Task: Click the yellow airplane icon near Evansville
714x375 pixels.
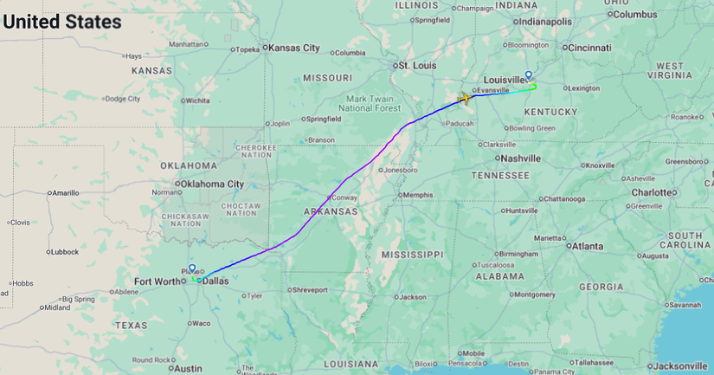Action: (464, 98)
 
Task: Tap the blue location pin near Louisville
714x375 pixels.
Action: (529, 75)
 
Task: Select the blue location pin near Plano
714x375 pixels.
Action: (192, 268)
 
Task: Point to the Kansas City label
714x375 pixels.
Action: (293, 48)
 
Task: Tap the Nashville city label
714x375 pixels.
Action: (519, 158)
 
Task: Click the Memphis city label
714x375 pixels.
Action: (418, 195)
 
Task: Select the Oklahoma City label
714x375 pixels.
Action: (211, 184)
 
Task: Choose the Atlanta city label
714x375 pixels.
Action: (587, 246)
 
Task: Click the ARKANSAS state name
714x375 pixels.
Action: (330, 211)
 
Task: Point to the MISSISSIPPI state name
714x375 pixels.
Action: (411, 255)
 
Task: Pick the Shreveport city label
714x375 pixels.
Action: (312, 289)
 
